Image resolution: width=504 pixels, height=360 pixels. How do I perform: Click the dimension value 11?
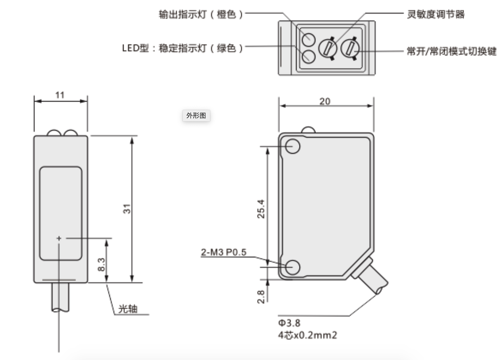coord(60,95)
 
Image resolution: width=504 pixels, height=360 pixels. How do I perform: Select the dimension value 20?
coord(324,101)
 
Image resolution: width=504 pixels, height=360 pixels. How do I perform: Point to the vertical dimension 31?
coord(127,209)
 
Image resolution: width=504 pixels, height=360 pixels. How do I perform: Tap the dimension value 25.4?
coord(261,209)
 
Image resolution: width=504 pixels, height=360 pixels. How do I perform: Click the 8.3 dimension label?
coord(101,264)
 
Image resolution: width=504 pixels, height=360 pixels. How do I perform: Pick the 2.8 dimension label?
coord(261,297)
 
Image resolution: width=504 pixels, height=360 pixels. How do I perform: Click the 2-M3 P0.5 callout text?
coord(224,252)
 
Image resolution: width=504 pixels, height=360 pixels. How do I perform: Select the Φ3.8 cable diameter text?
coord(289,323)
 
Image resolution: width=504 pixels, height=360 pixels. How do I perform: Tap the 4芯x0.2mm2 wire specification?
coord(307,335)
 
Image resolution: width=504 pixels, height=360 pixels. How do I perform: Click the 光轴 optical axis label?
coord(128,309)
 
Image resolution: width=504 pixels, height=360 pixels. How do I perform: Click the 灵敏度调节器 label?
coord(435,14)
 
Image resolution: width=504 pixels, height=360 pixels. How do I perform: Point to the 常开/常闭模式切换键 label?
coord(451,51)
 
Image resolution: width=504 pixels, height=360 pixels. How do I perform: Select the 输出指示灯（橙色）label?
coord(201,14)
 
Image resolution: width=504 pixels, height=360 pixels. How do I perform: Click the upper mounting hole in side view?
coord(293,146)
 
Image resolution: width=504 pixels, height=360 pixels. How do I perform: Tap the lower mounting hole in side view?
coord(293,267)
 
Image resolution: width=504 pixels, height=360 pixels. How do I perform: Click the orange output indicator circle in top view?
coord(308,39)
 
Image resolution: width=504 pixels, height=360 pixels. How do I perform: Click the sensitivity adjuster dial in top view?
coord(327,48)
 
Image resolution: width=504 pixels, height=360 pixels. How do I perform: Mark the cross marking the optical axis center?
coord(59,238)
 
